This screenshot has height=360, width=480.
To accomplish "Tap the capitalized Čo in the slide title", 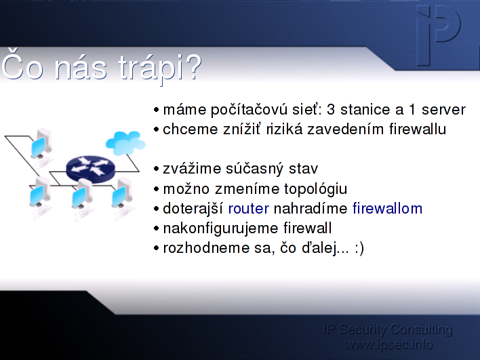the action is [x=22, y=64].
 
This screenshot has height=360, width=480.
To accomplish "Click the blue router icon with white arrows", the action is [x=90, y=167].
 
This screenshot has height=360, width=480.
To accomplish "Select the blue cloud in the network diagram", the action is [x=125, y=143].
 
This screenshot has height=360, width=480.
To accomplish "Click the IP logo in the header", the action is [x=439, y=35].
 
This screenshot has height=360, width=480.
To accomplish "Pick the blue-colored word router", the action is [x=249, y=209].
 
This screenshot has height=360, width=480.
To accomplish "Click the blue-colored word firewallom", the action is [x=387, y=208].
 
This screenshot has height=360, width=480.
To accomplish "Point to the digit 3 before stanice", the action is [x=331, y=110].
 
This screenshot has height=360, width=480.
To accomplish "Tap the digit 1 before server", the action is [x=412, y=110].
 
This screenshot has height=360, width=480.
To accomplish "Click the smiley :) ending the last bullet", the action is [x=359, y=249].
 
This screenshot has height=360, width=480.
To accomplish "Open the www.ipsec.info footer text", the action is [x=388, y=344].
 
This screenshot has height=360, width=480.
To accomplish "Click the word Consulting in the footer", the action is [x=421, y=330].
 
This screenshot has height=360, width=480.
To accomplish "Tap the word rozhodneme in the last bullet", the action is [x=206, y=248].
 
